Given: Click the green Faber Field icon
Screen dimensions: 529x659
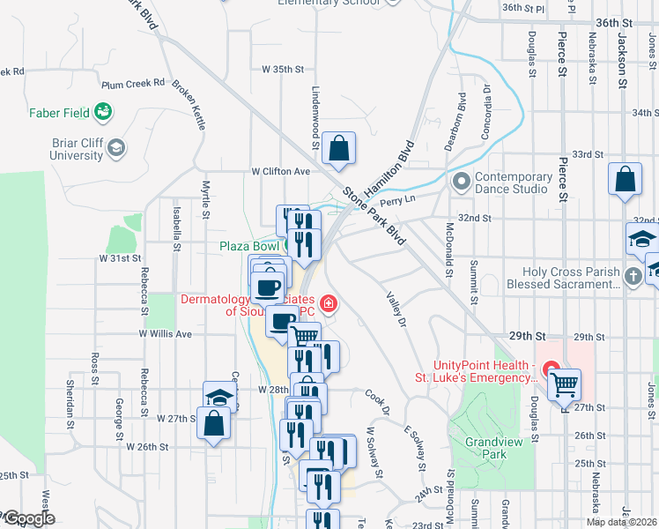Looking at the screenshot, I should (104, 112).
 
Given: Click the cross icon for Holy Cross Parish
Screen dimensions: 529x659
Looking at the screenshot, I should (632, 278).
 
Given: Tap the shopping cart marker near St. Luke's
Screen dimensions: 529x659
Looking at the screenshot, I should (564, 384).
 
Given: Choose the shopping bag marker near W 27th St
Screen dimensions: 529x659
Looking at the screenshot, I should (215, 426).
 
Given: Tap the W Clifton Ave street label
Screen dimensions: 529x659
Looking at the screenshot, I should (281, 171).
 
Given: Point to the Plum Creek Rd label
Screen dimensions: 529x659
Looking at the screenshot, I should (133, 84).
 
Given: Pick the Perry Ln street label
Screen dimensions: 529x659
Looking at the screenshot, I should (397, 201).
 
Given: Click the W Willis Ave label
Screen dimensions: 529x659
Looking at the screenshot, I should (165, 334).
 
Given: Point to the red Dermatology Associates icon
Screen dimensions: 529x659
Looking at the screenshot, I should (329, 304).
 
